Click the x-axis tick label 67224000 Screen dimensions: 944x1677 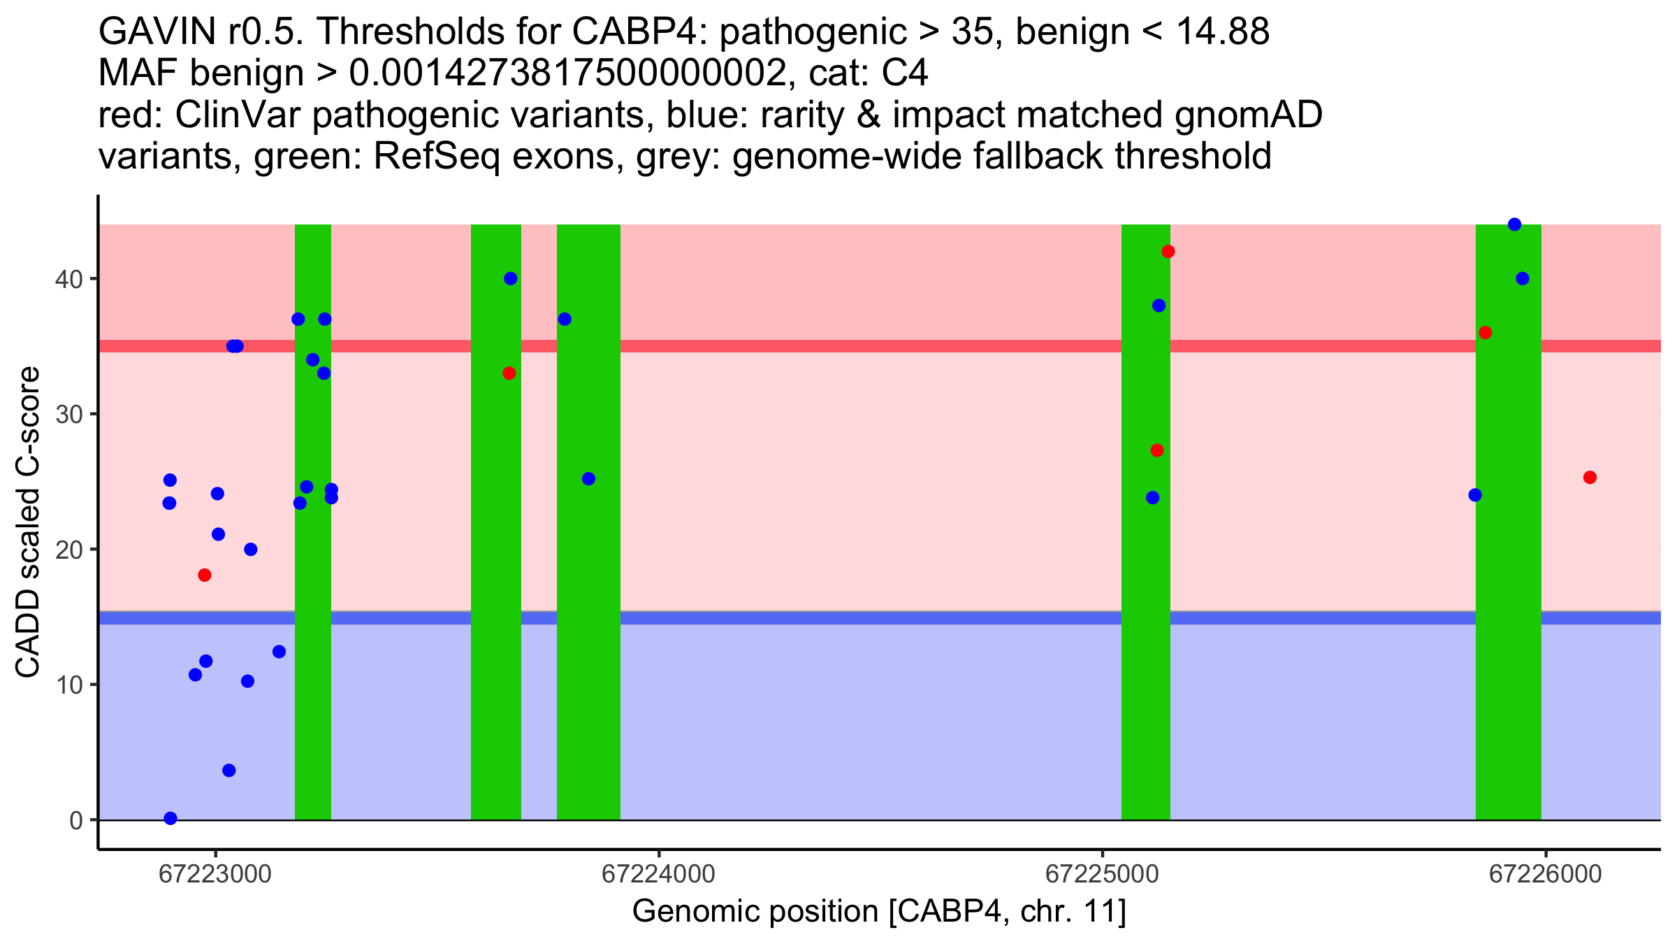(658, 875)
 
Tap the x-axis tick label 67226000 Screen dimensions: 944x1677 (1545, 875)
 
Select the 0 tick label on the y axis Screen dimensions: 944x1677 (76, 820)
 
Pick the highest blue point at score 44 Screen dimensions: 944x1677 (1514, 224)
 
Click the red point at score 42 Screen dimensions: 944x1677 (1168, 252)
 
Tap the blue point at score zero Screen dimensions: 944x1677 (170, 818)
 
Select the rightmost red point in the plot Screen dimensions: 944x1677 (1590, 478)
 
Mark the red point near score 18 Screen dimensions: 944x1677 (205, 575)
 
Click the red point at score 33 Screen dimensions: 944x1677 (509, 373)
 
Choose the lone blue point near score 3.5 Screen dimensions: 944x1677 (229, 771)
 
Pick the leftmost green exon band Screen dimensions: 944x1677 (312, 559)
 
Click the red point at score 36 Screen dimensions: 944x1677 (1486, 333)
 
